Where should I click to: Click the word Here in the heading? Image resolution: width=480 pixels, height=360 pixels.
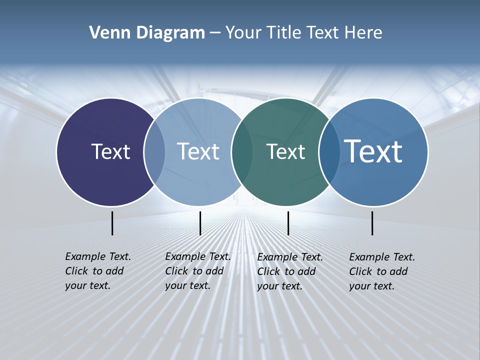[363, 33]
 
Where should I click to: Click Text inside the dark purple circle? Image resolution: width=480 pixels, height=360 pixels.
[110, 151]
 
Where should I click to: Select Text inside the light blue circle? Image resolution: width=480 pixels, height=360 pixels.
[198, 151]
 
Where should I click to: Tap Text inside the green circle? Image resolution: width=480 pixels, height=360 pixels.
[285, 152]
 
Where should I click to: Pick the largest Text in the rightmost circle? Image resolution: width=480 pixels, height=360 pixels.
[373, 151]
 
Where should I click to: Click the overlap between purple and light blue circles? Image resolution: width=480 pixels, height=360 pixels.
[154, 152]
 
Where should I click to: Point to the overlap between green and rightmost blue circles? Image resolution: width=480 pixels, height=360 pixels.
[328, 152]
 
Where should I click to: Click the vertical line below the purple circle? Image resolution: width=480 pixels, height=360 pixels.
[112, 223]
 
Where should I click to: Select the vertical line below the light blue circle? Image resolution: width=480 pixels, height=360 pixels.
[200, 223]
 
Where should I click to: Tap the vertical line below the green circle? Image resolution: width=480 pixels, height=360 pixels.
[288, 223]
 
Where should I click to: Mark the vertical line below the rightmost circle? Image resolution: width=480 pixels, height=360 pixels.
[372, 223]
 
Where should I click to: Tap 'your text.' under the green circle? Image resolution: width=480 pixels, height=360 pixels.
[280, 286]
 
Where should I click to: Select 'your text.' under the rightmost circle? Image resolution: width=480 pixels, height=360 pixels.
[372, 286]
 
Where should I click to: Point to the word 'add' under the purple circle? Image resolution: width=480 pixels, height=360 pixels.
[114, 271]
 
